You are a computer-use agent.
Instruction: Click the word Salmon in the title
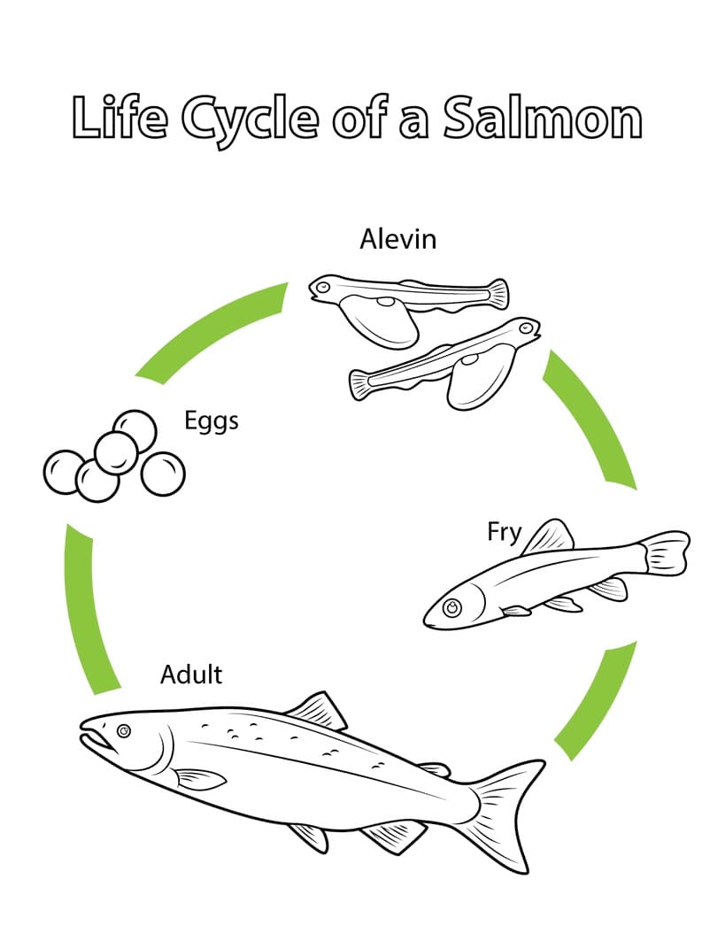click(543, 118)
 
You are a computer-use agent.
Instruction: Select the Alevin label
click(397, 239)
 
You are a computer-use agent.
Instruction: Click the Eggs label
click(212, 421)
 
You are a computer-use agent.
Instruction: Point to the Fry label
click(504, 533)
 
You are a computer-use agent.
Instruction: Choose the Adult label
click(191, 675)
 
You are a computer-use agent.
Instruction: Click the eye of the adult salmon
click(124, 731)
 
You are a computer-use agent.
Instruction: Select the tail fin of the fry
click(665, 554)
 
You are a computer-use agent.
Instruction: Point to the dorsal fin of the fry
click(549, 536)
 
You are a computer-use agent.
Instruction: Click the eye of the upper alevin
click(323, 288)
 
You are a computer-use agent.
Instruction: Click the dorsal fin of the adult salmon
click(317, 711)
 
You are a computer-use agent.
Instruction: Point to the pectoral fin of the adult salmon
click(200, 779)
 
